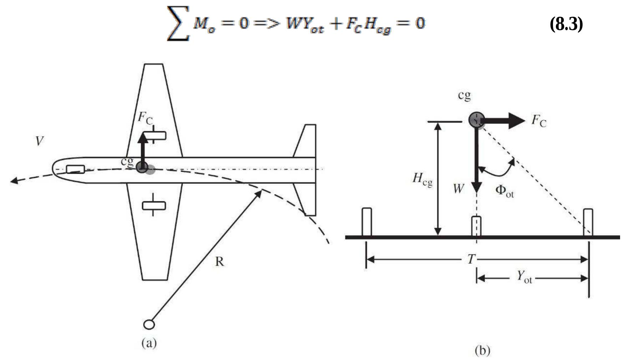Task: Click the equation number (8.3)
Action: (x=566, y=24)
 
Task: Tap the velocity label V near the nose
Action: (x=39, y=141)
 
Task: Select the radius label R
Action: (x=219, y=262)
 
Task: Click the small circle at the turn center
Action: (x=149, y=324)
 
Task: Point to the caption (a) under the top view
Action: (x=149, y=343)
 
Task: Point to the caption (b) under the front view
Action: (x=482, y=350)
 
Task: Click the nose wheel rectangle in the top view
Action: (x=75, y=169)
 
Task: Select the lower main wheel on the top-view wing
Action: (x=154, y=206)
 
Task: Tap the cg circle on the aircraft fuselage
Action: (x=142, y=167)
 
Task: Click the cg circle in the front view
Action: (x=476, y=120)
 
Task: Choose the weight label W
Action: (x=459, y=188)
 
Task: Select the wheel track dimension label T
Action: (x=471, y=259)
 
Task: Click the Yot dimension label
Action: (x=524, y=277)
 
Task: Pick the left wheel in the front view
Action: (x=367, y=222)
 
